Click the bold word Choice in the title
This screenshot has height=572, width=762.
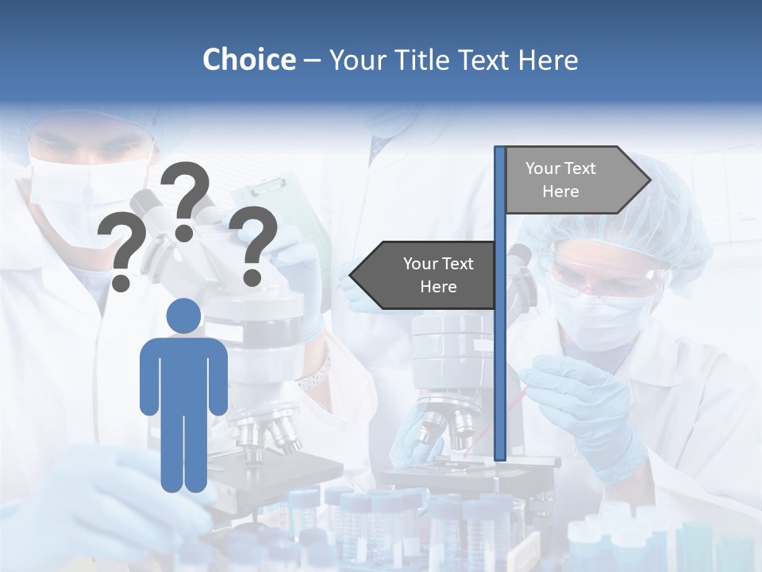pyautogui.click(x=248, y=60)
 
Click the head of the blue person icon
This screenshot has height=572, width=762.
pyautogui.click(x=183, y=316)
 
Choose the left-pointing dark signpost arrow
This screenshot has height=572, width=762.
pyautogui.click(x=425, y=275)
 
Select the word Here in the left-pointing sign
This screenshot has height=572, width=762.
pyautogui.click(x=438, y=287)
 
